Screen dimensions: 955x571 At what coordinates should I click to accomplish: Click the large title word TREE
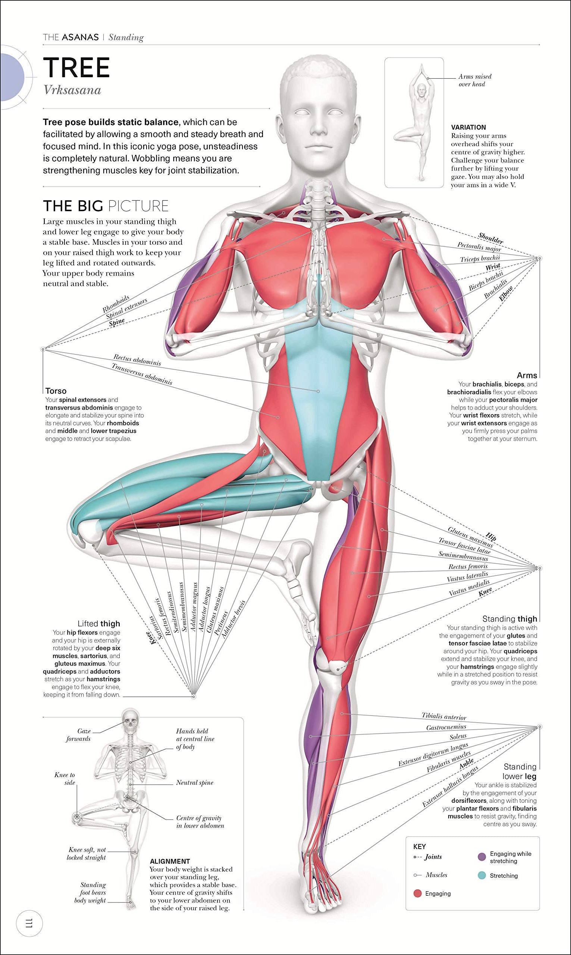point(76,68)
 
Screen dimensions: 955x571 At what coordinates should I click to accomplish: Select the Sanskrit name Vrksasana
point(72,90)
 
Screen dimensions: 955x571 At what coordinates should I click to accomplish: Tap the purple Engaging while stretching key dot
point(481,857)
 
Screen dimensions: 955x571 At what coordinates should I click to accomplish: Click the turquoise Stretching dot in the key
point(481,875)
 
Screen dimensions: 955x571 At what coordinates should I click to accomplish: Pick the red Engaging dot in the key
point(417,893)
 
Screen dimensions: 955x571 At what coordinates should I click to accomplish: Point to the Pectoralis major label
point(479,246)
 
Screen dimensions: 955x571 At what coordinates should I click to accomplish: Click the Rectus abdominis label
point(137,360)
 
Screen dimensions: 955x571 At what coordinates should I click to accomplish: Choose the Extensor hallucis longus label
point(450,786)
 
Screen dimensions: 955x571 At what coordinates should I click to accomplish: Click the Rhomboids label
point(116,304)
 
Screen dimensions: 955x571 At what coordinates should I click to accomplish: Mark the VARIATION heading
point(468,127)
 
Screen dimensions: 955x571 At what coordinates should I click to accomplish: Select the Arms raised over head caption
point(474,81)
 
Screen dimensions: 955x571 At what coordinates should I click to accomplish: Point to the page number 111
point(29,923)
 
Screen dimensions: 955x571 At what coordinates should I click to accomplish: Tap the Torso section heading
point(56,391)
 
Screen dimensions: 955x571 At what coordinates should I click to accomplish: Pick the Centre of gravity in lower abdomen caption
point(200,822)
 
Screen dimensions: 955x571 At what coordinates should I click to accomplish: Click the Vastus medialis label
point(469,588)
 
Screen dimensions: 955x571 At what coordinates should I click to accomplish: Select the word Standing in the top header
point(126,37)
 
